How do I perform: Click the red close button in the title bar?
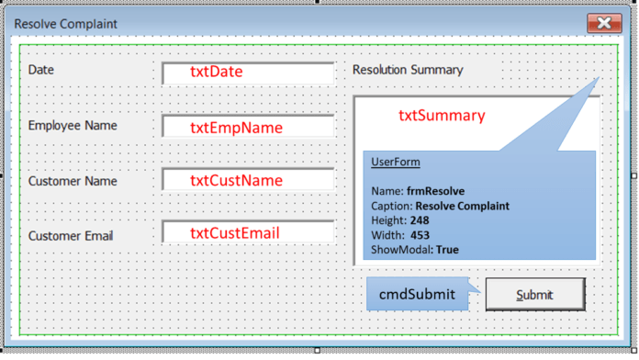604,23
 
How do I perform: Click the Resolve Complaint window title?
65,24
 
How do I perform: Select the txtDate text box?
248,73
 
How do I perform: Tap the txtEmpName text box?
248,127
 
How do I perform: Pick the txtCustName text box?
248,179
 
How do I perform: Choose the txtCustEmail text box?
248,232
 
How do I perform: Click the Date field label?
40,70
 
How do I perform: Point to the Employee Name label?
73,126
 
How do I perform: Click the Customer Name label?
73,181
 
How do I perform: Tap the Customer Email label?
71,236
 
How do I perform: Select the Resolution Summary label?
408,70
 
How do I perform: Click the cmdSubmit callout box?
418,294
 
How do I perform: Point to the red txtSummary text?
442,116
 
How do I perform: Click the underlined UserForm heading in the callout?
396,162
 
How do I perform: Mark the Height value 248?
420,220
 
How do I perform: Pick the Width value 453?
420,235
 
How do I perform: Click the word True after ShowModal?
447,250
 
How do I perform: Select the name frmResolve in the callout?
436,191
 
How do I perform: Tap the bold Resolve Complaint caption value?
463,206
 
